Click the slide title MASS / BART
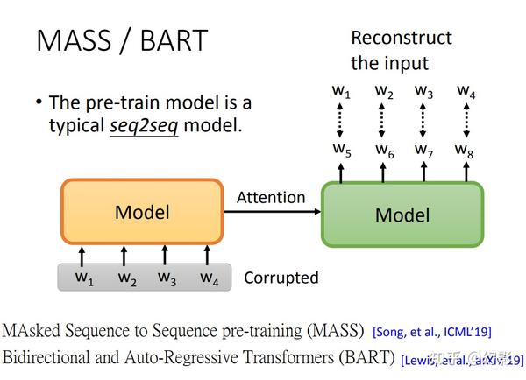pos(121,40)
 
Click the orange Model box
pos(142,212)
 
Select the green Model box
pos(402,215)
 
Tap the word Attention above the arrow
pos(271,198)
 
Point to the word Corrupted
pos(281,278)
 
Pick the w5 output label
pos(342,149)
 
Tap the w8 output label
pos(464,149)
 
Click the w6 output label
pos(384,149)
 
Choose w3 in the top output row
pos(424,90)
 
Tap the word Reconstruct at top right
pos(402,38)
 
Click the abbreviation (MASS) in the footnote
pos(337,330)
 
